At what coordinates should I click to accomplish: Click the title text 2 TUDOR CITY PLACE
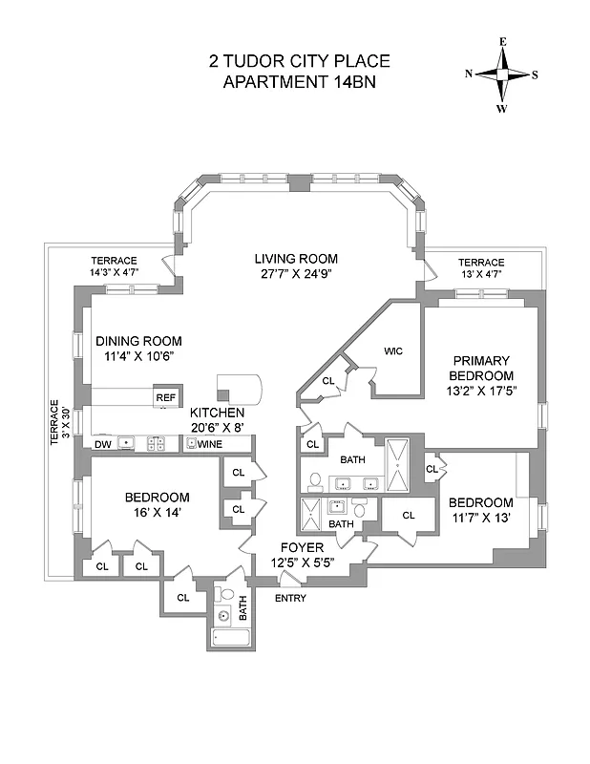pyautogui.click(x=299, y=61)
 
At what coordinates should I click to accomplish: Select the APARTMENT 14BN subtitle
pyautogui.click(x=299, y=81)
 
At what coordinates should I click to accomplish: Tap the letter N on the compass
pyautogui.click(x=470, y=74)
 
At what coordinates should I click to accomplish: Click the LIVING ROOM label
pyautogui.click(x=296, y=259)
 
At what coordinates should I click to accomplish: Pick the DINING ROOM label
pyautogui.click(x=138, y=341)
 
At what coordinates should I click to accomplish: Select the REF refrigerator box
pyautogui.click(x=166, y=397)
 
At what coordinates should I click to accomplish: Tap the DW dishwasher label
pyautogui.click(x=102, y=444)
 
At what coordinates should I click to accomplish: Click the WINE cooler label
pyautogui.click(x=211, y=444)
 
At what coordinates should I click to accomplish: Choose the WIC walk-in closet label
pyautogui.click(x=393, y=351)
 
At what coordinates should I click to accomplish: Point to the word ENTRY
pyautogui.click(x=290, y=598)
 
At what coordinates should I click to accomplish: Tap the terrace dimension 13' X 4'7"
pyautogui.click(x=480, y=275)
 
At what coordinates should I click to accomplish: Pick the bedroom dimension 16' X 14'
pyautogui.click(x=158, y=513)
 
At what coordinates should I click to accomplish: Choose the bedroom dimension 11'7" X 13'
pyautogui.click(x=482, y=519)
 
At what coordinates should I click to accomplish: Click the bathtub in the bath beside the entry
pyautogui.click(x=230, y=639)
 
